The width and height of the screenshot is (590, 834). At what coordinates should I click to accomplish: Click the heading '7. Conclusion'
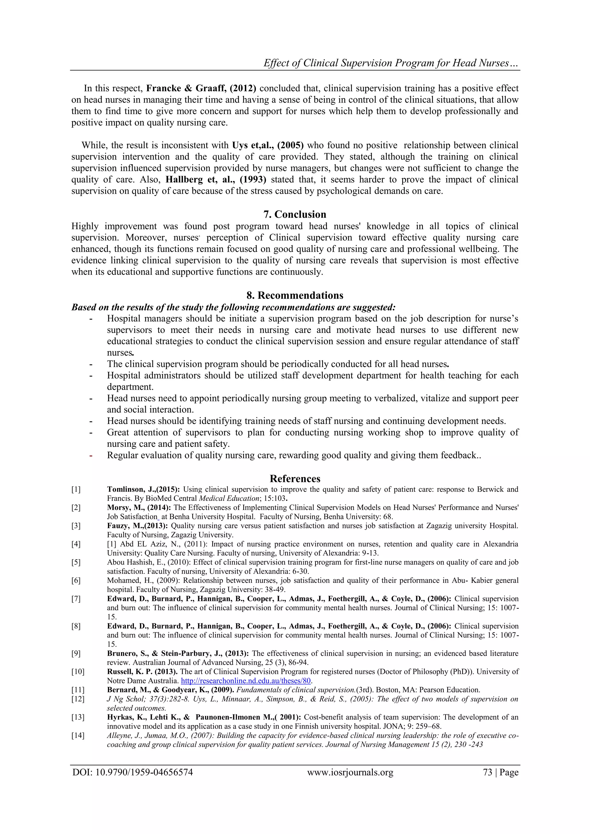(295, 214)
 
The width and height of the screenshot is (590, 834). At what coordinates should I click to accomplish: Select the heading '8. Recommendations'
(295, 295)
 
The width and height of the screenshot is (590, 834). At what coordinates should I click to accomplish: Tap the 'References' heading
(295, 479)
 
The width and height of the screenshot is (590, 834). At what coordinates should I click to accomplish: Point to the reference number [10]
(78, 672)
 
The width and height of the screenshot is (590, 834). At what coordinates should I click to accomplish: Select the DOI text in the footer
(133, 772)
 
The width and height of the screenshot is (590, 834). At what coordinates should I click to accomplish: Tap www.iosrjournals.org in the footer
(350, 772)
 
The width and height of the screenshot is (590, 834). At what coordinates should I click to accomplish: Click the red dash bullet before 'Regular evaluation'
(91, 455)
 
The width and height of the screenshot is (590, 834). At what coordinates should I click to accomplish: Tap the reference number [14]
(78, 735)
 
